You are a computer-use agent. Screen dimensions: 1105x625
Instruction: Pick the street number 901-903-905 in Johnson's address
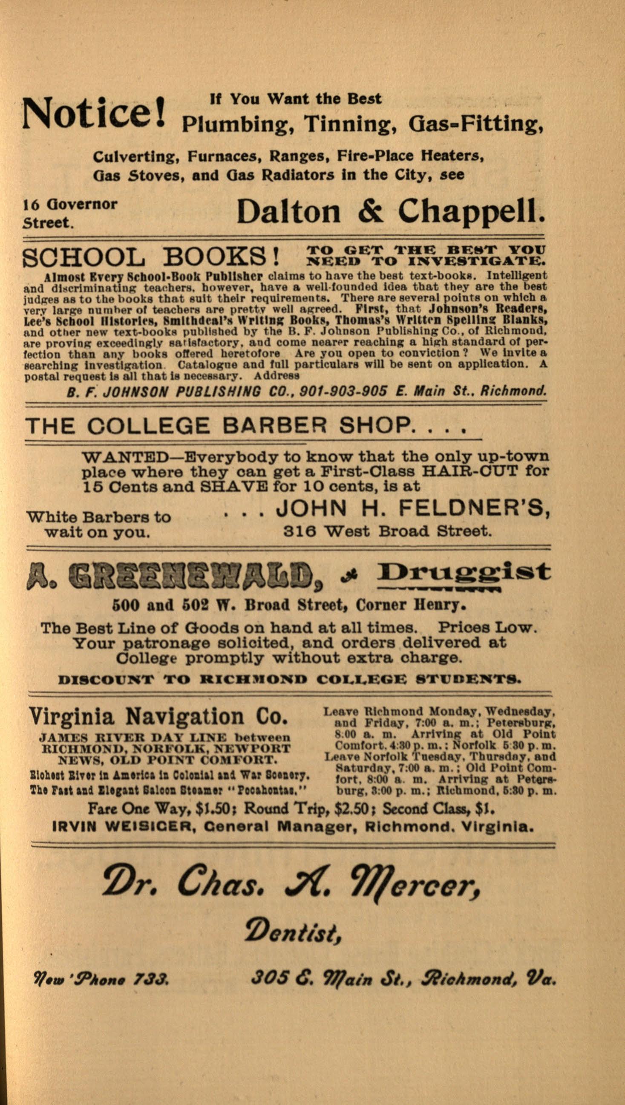coord(343,391)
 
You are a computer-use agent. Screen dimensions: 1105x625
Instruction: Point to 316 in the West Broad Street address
coord(298,531)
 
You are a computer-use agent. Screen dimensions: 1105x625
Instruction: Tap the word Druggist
coord(464,573)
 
